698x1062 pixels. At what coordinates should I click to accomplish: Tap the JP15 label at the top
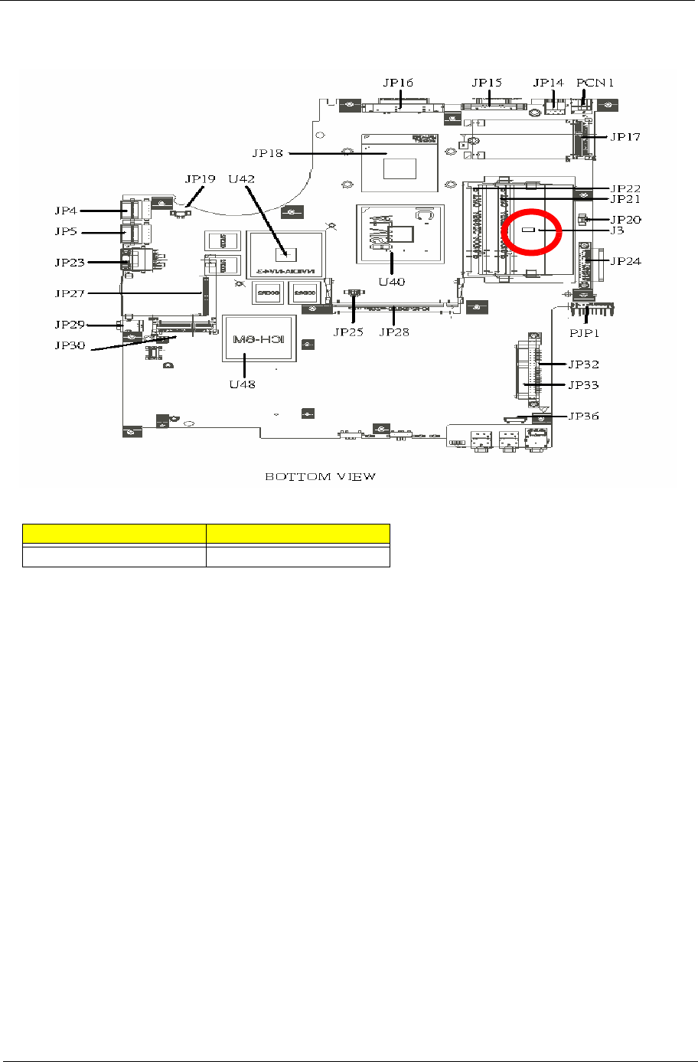click(x=486, y=82)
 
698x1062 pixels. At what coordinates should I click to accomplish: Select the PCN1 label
click(x=595, y=82)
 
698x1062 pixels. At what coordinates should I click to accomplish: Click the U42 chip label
click(x=243, y=178)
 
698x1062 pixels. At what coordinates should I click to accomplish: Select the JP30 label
click(x=70, y=345)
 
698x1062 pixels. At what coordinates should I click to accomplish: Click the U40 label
click(x=391, y=281)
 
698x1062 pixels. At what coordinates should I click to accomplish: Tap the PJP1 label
click(x=588, y=335)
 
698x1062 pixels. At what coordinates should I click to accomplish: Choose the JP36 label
click(x=583, y=417)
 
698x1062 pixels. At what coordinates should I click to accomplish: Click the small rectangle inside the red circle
click(x=528, y=229)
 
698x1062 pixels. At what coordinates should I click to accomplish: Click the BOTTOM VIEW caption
click(x=320, y=476)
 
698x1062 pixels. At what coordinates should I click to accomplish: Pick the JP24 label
click(x=626, y=260)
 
